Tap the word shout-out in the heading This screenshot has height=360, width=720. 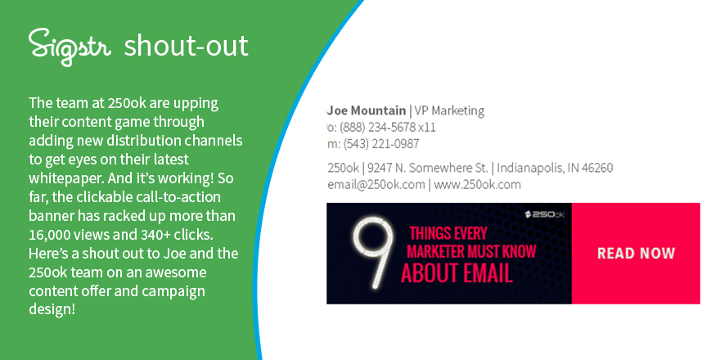click(x=186, y=46)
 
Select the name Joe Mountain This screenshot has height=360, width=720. click(x=366, y=110)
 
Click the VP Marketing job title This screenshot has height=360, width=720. click(x=449, y=110)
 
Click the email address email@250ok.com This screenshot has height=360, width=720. click(x=376, y=184)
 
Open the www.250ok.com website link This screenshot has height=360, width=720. click(x=478, y=184)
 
